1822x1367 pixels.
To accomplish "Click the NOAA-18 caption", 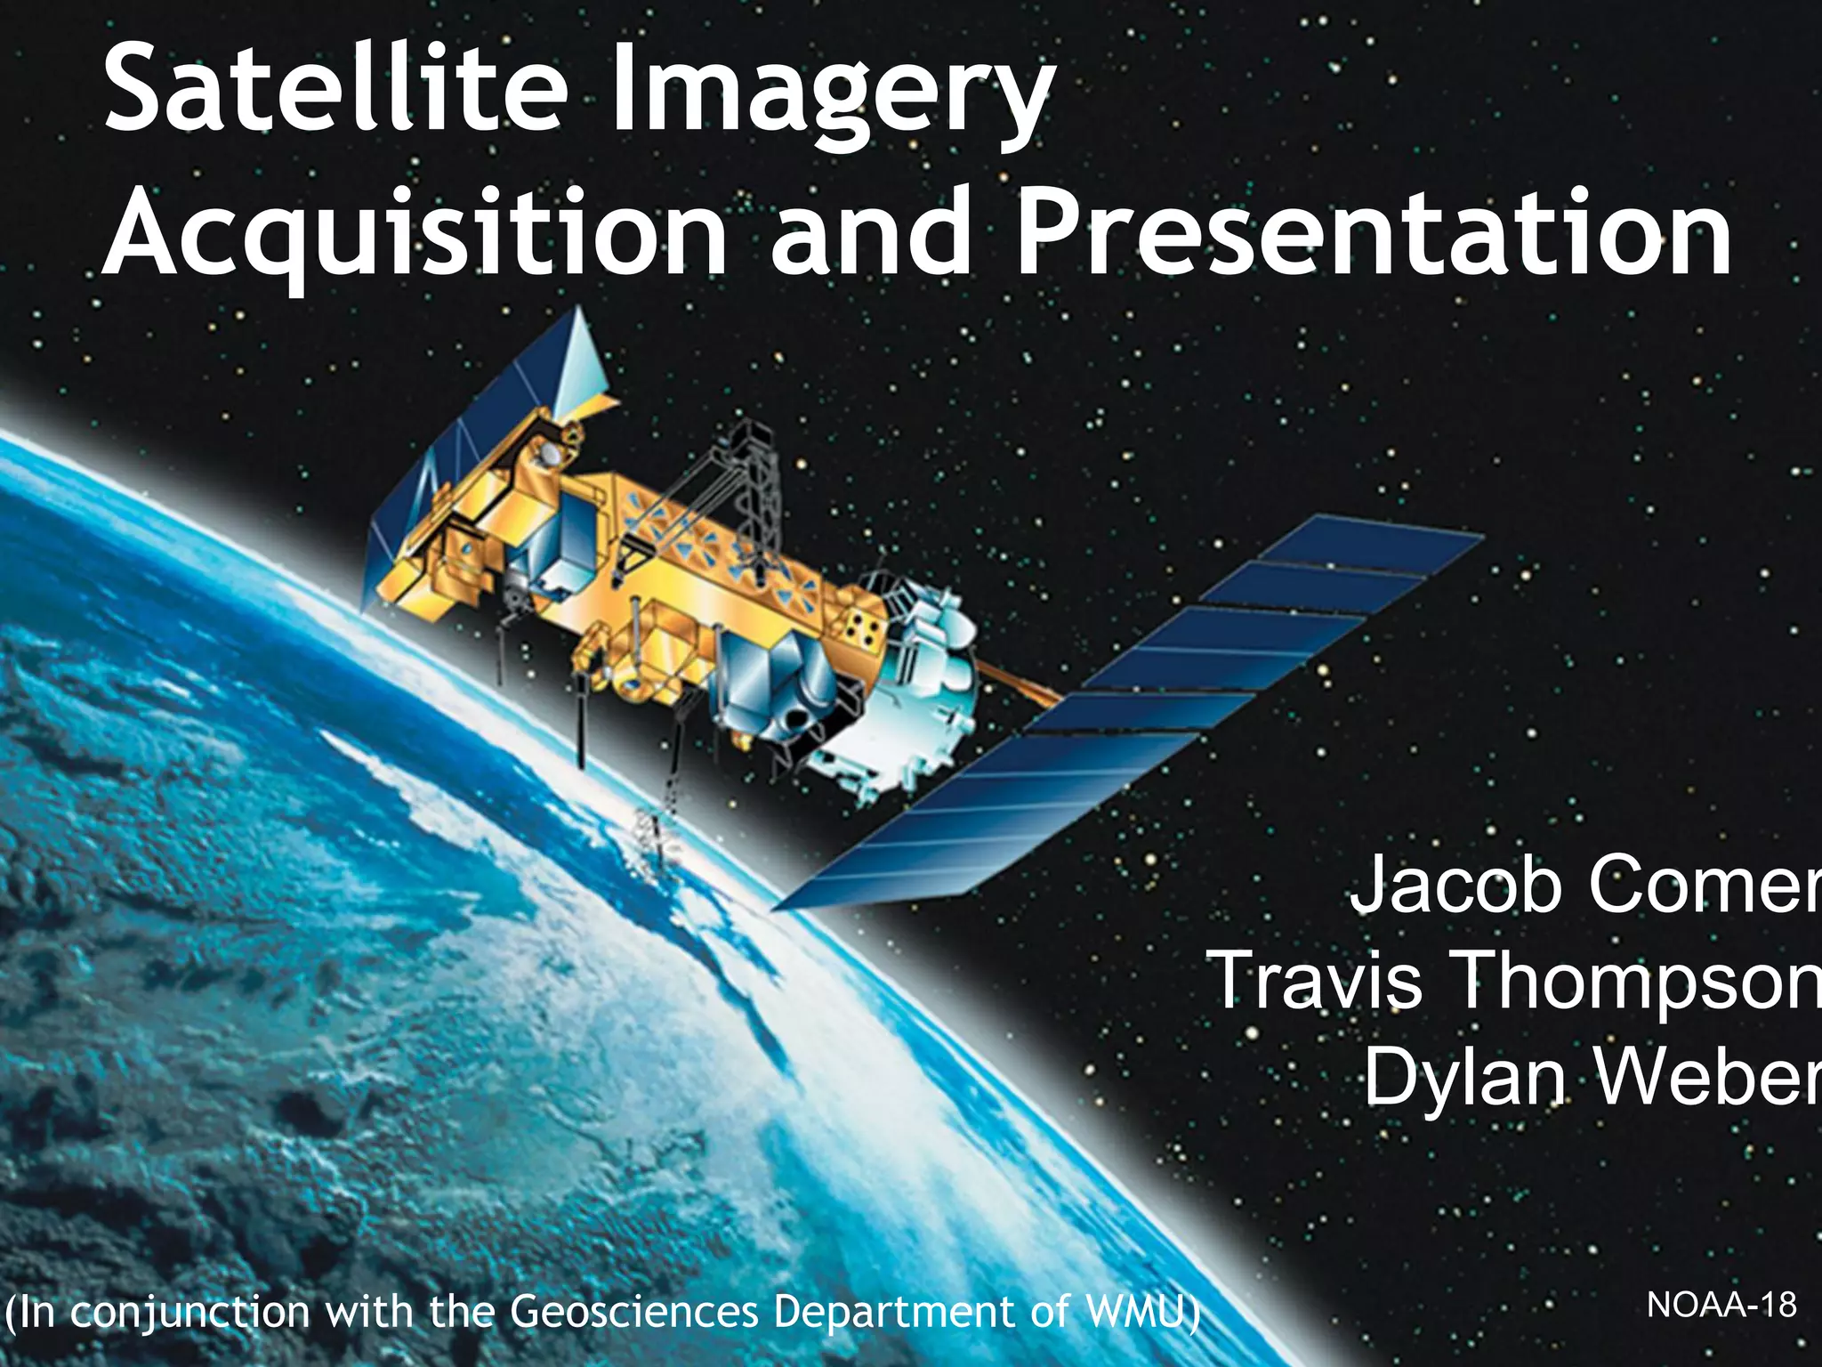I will [1721, 1305].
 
